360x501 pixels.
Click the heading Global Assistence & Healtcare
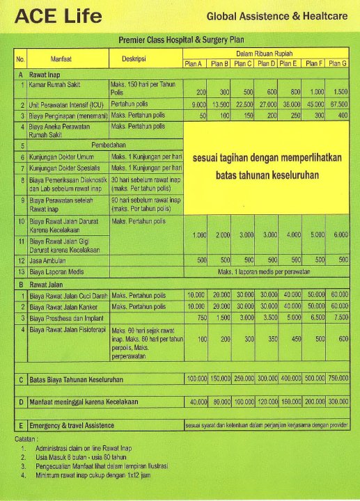click(x=277, y=15)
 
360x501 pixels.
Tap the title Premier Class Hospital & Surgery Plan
click(x=185, y=41)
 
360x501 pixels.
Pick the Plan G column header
click(x=338, y=63)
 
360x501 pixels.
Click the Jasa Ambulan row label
click(x=49, y=260)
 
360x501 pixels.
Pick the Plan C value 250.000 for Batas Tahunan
click(x=242, y=378)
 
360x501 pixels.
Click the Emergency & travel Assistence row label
click(x=72, y=425)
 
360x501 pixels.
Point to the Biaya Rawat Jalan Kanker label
click(x=68, y=306)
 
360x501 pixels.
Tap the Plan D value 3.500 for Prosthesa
click(x=267, y=317)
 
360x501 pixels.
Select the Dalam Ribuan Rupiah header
click(x=265, y=53)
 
